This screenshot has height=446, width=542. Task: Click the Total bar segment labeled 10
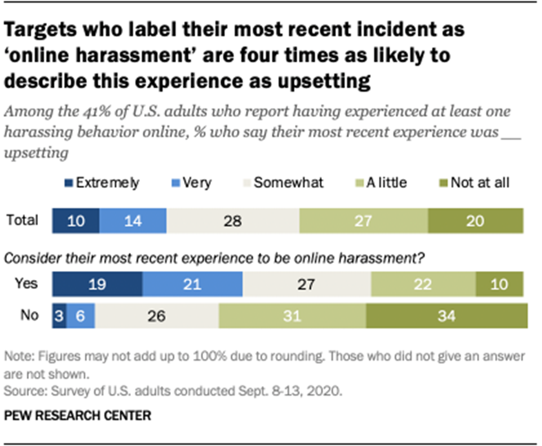(x=75, y=221)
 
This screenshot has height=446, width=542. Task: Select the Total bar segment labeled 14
(x=132, y=221)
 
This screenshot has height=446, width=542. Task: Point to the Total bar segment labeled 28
(x=232, y=221)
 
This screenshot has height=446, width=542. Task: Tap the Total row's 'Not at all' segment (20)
(x=475, y=221)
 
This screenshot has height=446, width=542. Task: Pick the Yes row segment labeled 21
(x=192, y=284)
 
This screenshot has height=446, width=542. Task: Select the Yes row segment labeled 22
(x=423, y=284)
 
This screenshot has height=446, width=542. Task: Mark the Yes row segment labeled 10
(x=499, y=284)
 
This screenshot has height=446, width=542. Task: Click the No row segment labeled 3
(x=60, y=316)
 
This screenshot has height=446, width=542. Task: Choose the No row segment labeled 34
(x=445, y=316)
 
